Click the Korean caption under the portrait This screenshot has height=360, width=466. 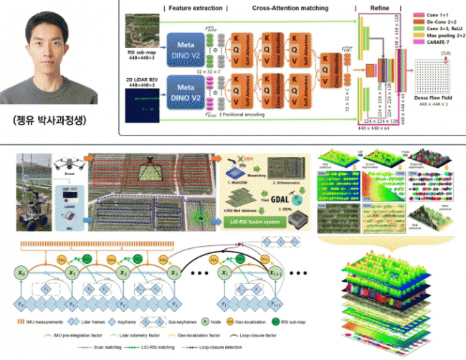pos(54,119)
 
